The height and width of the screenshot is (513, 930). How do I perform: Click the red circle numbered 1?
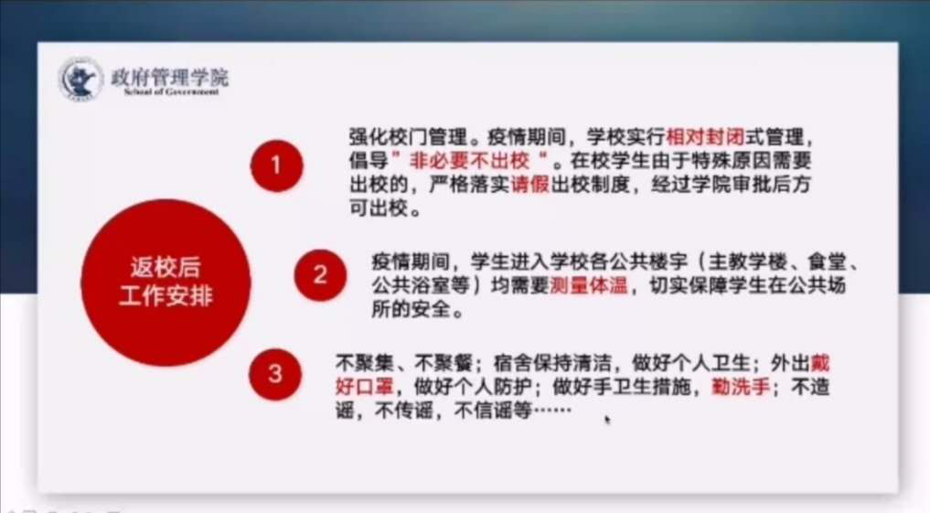(276, 166)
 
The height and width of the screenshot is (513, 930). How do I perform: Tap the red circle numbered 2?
(320, 274)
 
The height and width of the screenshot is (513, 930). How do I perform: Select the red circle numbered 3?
(275, 374)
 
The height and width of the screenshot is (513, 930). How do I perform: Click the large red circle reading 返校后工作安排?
(166, 283)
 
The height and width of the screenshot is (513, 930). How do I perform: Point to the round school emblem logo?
(80, 79)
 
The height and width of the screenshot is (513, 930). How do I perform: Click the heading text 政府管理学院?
(169, 77)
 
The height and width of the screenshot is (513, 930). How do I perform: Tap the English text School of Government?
(171, 91)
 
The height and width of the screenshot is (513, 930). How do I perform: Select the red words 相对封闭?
(705, 137)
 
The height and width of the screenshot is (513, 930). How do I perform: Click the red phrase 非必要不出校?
(469, 161)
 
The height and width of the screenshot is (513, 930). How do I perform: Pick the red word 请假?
(530, 185)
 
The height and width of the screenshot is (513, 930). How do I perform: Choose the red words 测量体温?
(589, 286)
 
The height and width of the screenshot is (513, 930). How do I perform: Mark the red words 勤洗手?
(740, 388)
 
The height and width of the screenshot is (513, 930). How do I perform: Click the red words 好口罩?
(364, 388)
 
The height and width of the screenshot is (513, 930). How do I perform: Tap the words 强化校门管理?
(408, 137)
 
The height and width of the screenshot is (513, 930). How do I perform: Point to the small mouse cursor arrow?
(607, 420)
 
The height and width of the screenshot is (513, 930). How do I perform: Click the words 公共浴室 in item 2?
(411, 286)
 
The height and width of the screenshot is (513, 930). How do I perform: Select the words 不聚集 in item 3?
(364, 363)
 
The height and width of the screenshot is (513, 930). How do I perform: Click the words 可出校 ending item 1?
(379, 208)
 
